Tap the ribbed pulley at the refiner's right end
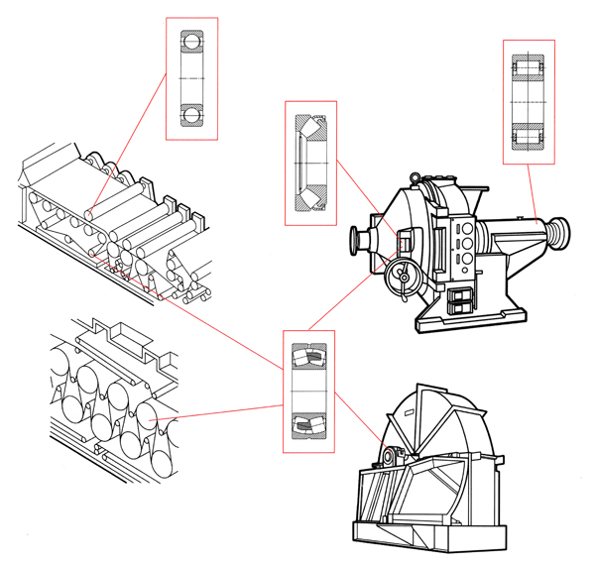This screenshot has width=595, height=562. coord(560,232)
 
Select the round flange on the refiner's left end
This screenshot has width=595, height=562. coord(355,241)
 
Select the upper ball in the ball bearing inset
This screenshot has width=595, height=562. coord(189,42)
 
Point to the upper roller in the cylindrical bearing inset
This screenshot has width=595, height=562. coord(529,70)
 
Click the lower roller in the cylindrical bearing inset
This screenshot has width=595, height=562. coord(529,135)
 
